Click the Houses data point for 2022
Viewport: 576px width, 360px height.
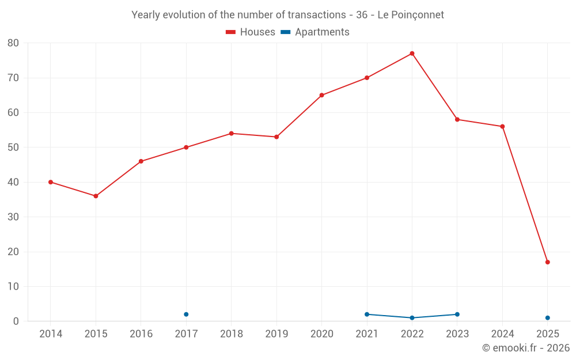[412, 54]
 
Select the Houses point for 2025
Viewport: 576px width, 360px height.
[547, 262]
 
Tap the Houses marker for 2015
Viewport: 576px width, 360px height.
[96, 196]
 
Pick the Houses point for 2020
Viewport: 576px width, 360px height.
[321, 95]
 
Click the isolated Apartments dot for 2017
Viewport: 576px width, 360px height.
[186, 314]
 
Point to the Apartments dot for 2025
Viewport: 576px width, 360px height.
[547, 318]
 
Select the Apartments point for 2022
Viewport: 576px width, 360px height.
[412, 318]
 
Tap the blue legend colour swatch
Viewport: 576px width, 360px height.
[285, 32]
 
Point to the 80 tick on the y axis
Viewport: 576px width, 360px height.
[13, 43]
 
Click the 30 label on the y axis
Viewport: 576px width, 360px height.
[13, 217]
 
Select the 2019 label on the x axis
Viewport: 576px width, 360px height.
[276, 334]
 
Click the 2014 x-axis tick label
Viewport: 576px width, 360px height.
[51, 334]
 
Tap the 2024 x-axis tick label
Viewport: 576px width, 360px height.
[502, 334]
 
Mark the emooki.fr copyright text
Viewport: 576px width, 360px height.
[526, 348]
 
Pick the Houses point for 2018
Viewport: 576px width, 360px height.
[231, 133]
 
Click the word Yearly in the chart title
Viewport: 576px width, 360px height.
[146, 15]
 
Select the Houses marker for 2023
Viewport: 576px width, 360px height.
[457, 119]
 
